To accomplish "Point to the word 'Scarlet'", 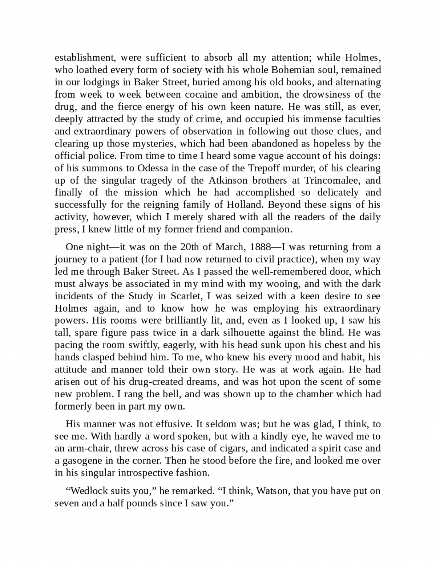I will [x=186, y=296].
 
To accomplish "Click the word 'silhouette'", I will [x=251, y=333].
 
